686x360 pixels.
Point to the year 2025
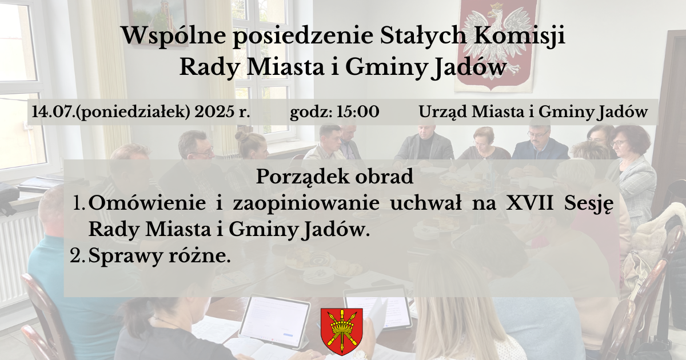(214, 112)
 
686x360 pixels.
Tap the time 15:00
(358, 112)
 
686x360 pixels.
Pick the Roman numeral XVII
(529, 203)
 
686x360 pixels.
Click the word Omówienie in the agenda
(147, 203)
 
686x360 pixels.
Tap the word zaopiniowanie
(306, 204)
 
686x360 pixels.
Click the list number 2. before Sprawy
(77, 256)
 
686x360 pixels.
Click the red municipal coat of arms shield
(342, 331)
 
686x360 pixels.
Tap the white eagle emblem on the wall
(496, 43)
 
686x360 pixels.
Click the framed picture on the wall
(157, 22)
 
